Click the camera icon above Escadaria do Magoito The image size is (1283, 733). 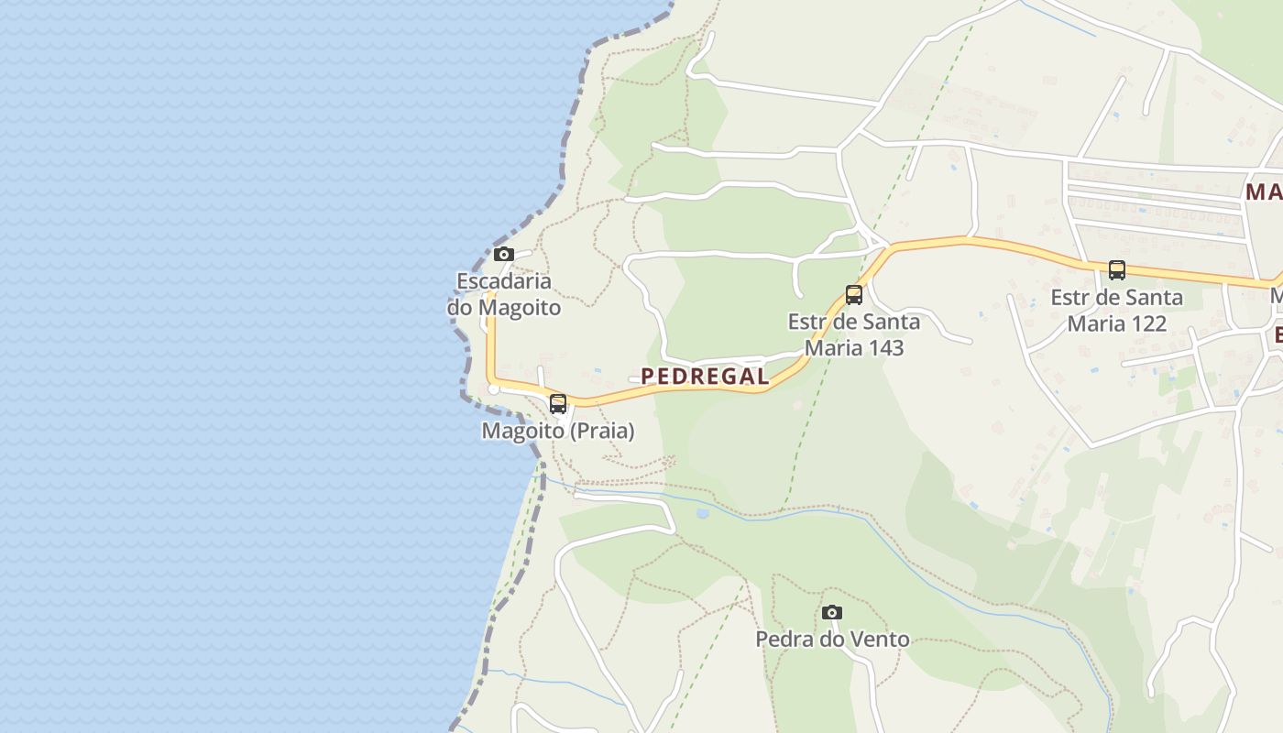click(503, 255)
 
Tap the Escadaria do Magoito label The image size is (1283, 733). click(504, 294)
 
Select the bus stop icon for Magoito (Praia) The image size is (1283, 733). click(558, 403)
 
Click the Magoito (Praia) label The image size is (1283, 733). click(558, 430)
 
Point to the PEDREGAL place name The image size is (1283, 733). click(705, 376)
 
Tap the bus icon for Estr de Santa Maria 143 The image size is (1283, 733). click(854, 295)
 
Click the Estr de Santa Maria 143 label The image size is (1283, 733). click(854, 334)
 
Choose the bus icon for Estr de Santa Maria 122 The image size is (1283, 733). click(1116, 270)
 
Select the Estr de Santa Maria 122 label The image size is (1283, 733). click(1116, 311)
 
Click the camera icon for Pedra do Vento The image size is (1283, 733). click(832, 612)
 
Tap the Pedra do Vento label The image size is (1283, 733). click(832, 639)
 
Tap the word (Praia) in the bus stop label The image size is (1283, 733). click(602, 430)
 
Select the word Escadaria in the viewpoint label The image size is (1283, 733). click(504, 281)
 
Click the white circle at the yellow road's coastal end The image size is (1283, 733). click(494, 389)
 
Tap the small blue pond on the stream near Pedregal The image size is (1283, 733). click(703, 513)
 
